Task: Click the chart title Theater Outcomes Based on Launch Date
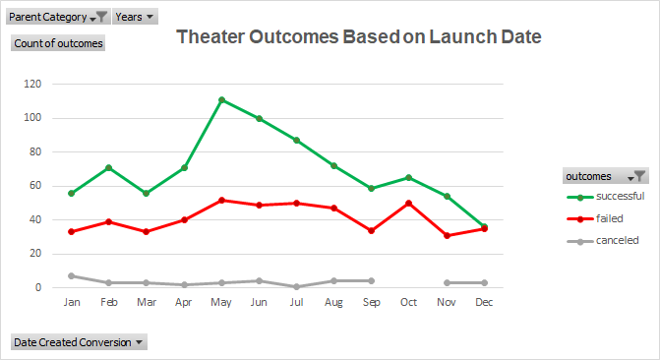pos(358,37)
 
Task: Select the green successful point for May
pos(221,99)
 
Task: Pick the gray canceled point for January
pos(70,275)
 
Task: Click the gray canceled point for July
pos(297,286)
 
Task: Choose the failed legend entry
pos(604,218)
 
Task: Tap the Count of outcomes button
pos(57,42)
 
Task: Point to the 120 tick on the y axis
pos(33,84)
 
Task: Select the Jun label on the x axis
pos(259,302)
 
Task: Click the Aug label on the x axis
pos(334,302)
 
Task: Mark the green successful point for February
pos(107,167)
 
